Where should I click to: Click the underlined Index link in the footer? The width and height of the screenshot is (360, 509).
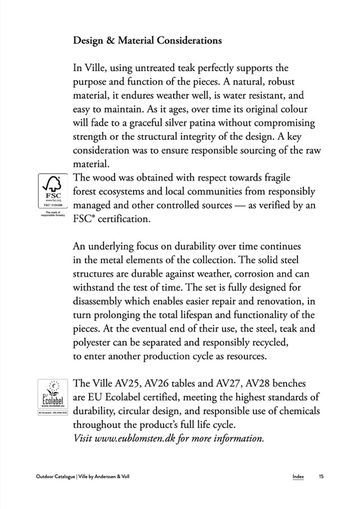pyautogui.click(x=298, y=476)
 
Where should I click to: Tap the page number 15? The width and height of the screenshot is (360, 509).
pyautogui.click(x=321, y=476)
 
